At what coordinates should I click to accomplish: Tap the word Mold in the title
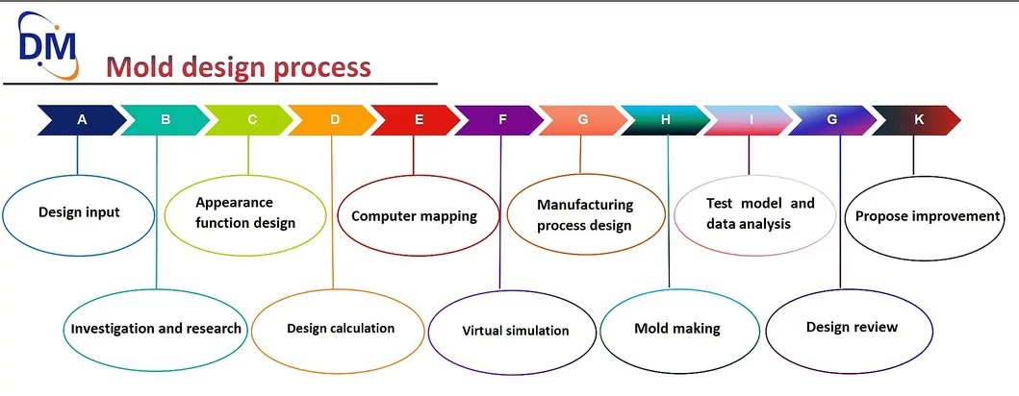(139, 67)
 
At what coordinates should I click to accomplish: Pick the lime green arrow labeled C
(249, 120)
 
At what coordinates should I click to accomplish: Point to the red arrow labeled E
(416, 120)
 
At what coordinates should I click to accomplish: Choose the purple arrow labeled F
(499, 120)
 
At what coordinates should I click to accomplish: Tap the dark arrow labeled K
(916, 120)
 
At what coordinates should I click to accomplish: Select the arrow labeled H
(666, 120)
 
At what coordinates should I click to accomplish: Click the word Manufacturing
(585, 205)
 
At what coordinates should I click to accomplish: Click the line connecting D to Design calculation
(333, 211)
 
